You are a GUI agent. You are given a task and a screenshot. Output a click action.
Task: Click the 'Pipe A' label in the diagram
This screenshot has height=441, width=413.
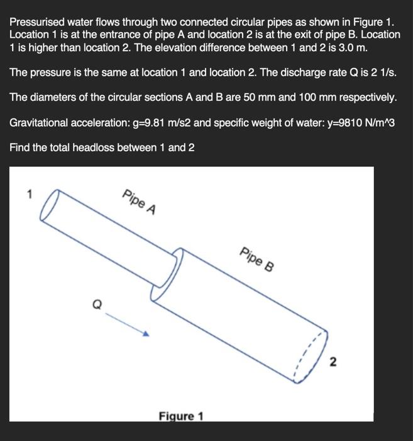tap(140, 202)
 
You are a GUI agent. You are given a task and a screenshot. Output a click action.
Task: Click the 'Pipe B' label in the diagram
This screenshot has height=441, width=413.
tap(256, 258)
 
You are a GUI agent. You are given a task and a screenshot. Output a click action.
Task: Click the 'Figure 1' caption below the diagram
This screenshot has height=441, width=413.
tap(181, 416)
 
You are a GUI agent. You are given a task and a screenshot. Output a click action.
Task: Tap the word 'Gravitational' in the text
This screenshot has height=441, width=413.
tap(40, 122)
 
